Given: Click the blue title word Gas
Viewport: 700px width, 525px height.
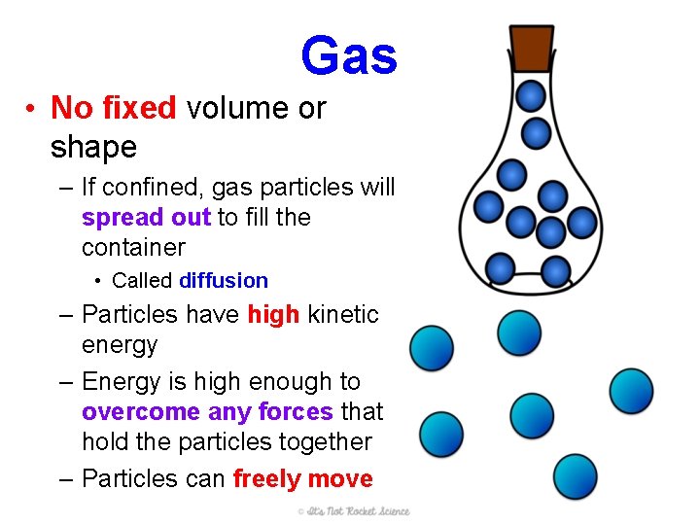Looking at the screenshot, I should point(349,55).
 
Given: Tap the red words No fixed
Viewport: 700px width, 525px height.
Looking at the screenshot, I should point(113,107).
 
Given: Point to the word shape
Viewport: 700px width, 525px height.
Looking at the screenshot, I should point(93,148).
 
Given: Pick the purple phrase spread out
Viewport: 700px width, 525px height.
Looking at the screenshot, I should point(146,218).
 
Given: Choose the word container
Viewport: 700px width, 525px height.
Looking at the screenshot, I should point(133,247).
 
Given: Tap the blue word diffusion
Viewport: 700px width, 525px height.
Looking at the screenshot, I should point(224,281).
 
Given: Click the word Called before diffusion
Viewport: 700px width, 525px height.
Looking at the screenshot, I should point(143,281).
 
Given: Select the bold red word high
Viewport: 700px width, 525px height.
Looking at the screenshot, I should point(273,315).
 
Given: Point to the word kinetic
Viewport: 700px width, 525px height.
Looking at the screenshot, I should point(341,315).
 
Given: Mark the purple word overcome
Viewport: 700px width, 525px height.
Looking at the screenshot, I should point(141,412).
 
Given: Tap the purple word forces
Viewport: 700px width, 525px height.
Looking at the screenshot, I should point(296,412).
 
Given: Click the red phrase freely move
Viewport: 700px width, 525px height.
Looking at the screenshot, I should point(302,479).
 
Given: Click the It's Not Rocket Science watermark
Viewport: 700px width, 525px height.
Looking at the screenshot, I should point(354,511).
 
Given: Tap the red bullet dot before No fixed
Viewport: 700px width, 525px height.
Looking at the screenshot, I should point(33,108).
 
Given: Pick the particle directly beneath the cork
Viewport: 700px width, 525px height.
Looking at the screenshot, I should point(531,95).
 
